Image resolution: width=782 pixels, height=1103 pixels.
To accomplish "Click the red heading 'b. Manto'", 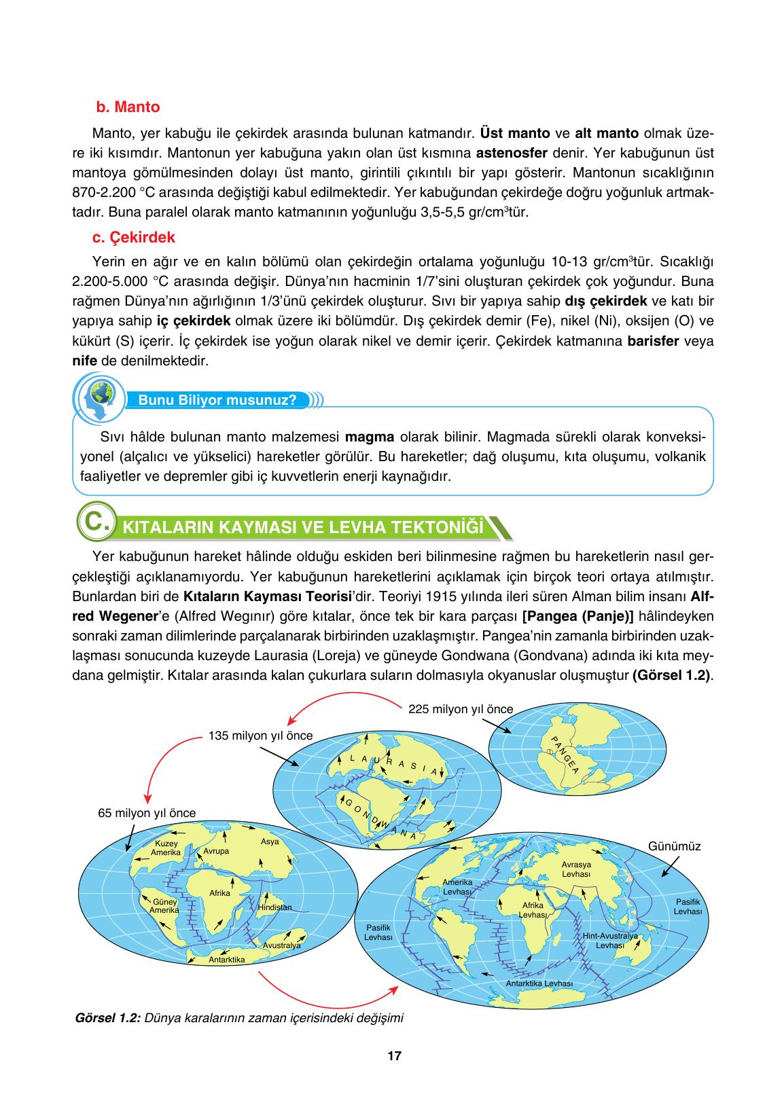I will (x=128, y=107).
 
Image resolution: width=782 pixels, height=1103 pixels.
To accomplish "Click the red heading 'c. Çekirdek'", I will (x=134, y=237).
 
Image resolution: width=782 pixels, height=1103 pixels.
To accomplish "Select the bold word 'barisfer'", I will (x=654, y=341).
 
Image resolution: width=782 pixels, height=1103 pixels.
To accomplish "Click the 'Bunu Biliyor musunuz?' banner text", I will (x=217, y=399).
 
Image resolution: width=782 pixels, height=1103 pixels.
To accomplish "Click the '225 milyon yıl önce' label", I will (x=461, y=709).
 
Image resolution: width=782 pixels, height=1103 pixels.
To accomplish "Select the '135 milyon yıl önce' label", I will (x=261, y=736).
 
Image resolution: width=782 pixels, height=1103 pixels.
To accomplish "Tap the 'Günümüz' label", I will (x=674, y=846).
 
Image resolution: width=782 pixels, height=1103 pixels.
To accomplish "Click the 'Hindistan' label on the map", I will (x=274, y=907).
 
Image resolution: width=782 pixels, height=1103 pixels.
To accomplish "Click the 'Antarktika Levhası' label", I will (x=539, y=983).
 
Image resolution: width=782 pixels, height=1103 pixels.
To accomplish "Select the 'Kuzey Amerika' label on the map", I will (x=166, y=848).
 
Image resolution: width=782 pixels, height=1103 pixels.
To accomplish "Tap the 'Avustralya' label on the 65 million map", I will (x=281, y=945).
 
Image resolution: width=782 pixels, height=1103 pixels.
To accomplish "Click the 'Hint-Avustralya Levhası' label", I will (x=609, y=940).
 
